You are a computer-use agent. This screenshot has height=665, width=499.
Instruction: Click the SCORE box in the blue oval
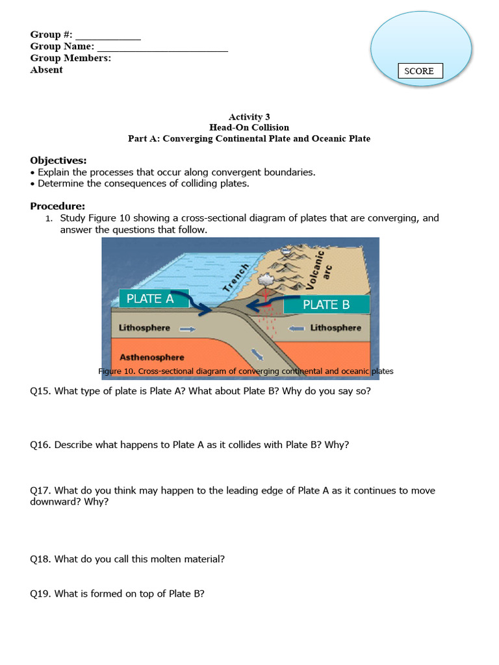point(420,71)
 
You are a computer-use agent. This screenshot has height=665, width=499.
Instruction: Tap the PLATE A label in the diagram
point(150,299)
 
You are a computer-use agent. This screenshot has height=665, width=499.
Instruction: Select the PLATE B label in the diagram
point(326,305)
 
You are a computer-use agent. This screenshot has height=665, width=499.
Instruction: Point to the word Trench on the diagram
point(236,278)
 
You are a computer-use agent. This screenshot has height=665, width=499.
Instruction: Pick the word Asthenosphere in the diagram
point(151,357)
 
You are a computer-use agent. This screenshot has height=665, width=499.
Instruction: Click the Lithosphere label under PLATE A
point(144,328)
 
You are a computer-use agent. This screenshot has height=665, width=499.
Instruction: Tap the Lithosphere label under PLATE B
point(335,328)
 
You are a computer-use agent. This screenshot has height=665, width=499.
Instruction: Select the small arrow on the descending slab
point(259,355)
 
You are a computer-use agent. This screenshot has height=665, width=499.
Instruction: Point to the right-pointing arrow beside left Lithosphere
point(186,329)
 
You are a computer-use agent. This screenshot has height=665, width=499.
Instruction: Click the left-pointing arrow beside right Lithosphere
point(297,329)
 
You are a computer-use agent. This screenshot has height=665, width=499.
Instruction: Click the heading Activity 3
point(249,117)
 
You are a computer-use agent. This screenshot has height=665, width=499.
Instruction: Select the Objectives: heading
point(58,160)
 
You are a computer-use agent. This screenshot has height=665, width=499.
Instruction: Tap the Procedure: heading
point(58,206)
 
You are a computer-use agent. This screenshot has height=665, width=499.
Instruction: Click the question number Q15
point(40,391)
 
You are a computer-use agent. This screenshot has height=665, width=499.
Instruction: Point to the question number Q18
point(40,558)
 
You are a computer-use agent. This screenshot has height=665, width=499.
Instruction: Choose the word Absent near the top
point(47,70)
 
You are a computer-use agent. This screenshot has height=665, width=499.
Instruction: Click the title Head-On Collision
point(249,127)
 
